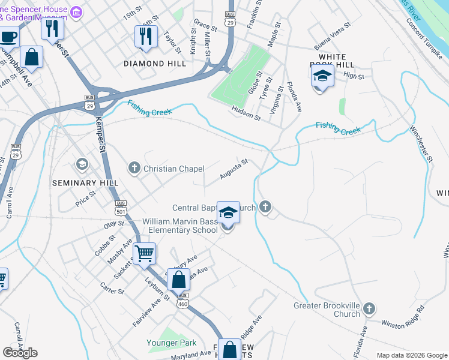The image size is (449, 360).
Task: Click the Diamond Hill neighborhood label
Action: click(x=152, y=63)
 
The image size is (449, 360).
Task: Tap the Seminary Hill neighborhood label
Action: click(x=83, y=183)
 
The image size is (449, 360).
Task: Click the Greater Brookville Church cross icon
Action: click(x=369, y=309)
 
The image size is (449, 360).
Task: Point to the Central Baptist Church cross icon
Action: click(x=265, y=208)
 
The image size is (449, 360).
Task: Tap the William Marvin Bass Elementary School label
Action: click(x=179, y=226)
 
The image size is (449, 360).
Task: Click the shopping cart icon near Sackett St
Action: click(x=145, y=254)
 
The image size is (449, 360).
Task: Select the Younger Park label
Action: click(x=172, y=343)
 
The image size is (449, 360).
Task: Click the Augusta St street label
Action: click(x=234, y=169)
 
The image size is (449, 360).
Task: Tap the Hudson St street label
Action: click(x=246, y=113)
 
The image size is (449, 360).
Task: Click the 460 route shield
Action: click(x=183, y=304)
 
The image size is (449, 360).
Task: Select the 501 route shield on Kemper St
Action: click(x=121, y=207)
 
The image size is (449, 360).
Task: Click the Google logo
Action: click(x=20, y=352)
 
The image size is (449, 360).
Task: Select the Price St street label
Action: click(x=86, y=199)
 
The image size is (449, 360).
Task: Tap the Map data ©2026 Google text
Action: click(x=412, y=355)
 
